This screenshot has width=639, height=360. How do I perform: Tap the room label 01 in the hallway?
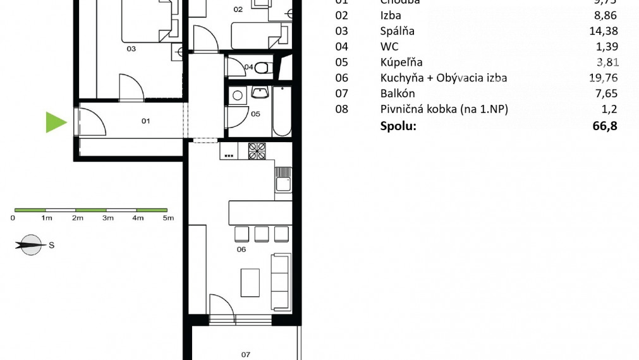[145, 121]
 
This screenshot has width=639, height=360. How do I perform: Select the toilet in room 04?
[265, 66]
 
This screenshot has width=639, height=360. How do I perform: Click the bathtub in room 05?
[282, 111]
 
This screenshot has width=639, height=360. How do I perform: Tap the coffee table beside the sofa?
[251, 282]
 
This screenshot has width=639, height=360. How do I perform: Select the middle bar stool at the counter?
[262, 234]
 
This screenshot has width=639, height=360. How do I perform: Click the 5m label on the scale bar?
[168, 218]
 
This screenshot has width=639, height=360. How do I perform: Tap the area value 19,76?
[602, 78]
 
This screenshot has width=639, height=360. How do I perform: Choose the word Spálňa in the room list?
[398, 31]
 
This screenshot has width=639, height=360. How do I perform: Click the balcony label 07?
[245, 354]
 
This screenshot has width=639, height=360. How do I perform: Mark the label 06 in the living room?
[240, 249]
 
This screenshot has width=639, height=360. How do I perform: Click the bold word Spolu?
[398, 126]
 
